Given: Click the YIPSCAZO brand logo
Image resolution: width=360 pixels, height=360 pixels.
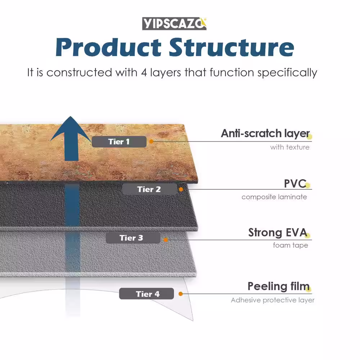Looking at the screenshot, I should pos(174,23).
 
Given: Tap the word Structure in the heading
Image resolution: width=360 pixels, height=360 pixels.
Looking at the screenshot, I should pos(231,48).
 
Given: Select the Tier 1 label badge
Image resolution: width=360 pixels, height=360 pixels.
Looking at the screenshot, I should pos(119,142).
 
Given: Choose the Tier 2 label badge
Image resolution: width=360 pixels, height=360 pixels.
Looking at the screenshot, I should pos(149,189).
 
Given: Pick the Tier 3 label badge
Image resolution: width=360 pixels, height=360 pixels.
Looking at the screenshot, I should pos(132,238).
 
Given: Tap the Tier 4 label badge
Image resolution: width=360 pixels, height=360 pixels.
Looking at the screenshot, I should pos(147,294).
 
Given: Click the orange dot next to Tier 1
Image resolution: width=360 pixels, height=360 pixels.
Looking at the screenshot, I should pos(151,141).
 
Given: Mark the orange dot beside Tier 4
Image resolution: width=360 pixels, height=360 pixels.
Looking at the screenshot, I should pos(180,294).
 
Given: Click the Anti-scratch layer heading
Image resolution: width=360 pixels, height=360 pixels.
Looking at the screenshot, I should pos(265,134).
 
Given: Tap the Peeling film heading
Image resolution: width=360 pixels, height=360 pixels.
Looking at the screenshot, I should pos(278,287).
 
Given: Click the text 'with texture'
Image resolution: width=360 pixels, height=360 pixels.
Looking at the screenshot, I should pos(289,147).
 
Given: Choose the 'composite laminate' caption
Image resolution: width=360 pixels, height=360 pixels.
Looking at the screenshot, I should pos(274,197).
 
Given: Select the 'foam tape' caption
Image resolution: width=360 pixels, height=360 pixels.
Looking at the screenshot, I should pos(290,246).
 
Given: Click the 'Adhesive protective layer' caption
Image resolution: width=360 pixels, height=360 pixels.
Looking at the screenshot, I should pos(273,300).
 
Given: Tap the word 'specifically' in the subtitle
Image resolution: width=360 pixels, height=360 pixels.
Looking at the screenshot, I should pos(287,72).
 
